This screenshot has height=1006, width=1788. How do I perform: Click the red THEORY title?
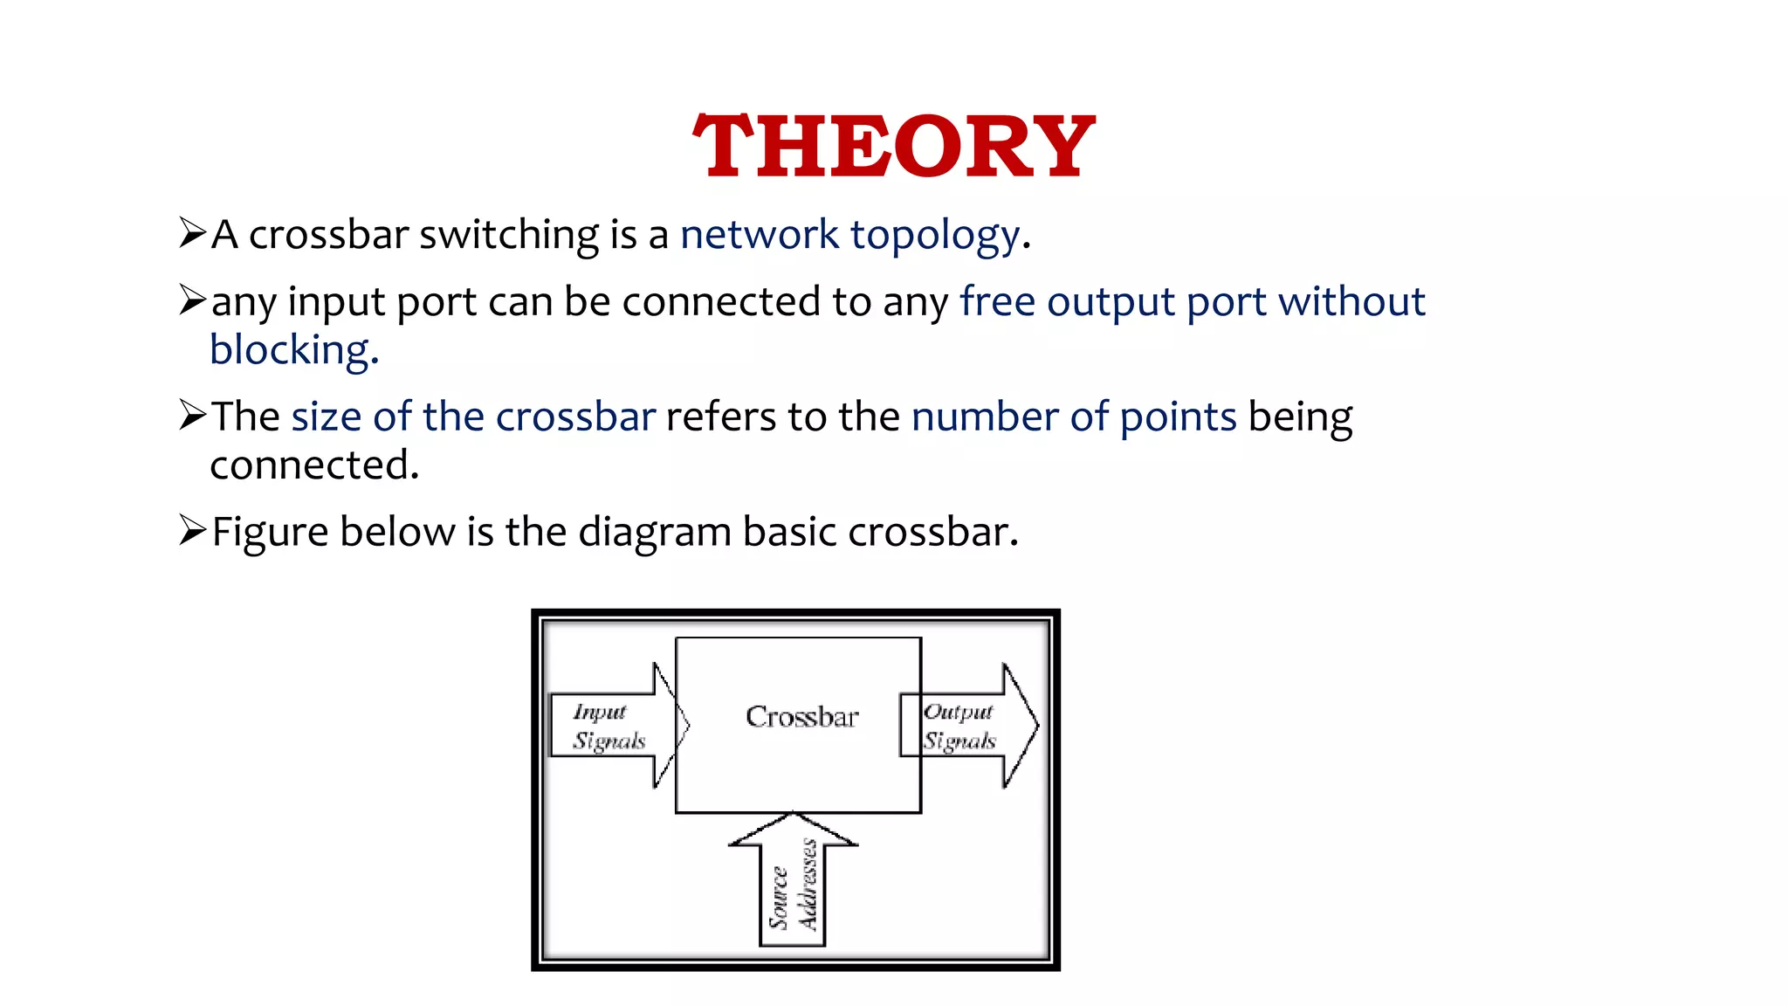click(893, 146)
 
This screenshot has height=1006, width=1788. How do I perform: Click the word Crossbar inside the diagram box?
click(801, 717)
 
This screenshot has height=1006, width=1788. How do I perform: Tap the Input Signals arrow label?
click(609, 727)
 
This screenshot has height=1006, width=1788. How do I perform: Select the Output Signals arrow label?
click(959, 727)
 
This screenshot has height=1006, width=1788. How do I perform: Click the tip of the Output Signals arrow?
click(1036, 725)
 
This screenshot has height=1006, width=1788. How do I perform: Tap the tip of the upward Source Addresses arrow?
click(793, 816)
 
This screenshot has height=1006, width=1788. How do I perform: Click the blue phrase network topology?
click(849, 235)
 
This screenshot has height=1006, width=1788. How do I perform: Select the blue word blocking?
click(291, 350)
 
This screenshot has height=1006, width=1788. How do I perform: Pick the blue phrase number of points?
click(1073, 417)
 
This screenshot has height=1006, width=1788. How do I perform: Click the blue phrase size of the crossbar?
click(472, 417)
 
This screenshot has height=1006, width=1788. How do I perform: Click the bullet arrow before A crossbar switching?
click(191, 233)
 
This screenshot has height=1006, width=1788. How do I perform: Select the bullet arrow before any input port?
click(191, 300)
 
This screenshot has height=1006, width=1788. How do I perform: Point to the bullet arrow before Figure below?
click(191, 530)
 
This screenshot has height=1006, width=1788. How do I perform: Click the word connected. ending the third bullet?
click(314, 465)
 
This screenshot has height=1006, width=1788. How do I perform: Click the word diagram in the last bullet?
click(654, 532)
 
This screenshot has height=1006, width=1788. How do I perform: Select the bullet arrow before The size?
click(191, 415)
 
